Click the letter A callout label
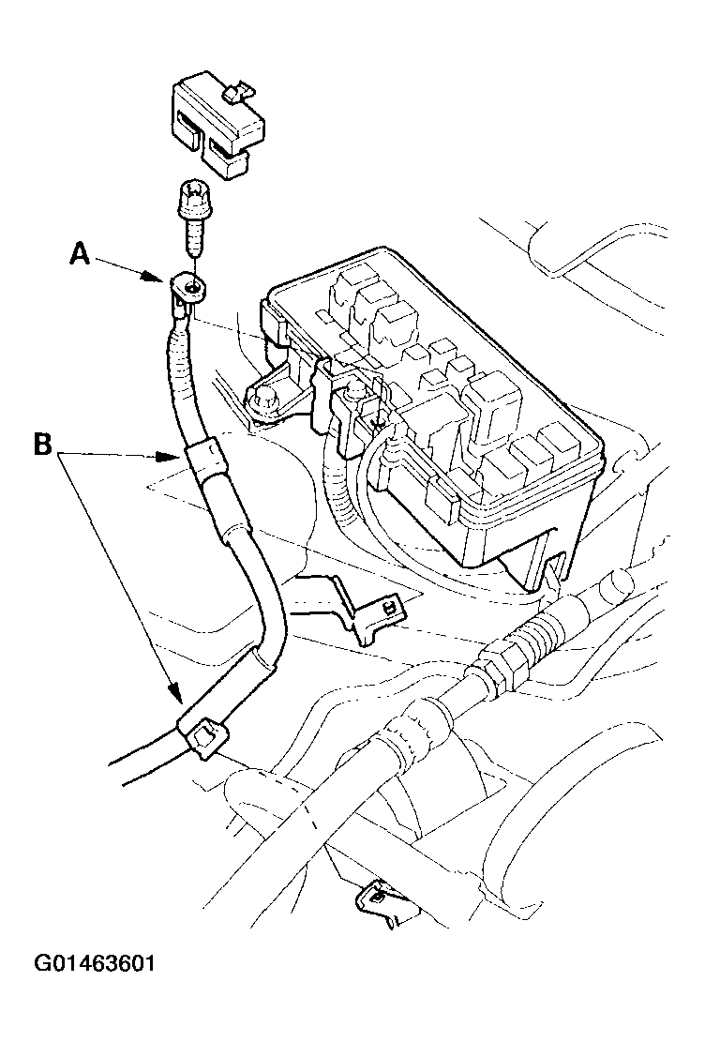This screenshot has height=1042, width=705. tap(81, 254)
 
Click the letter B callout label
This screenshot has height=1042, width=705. tap(42, 445)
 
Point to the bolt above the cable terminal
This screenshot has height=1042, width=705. tap(190, 219)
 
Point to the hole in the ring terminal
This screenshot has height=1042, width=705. tap(192, 287)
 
